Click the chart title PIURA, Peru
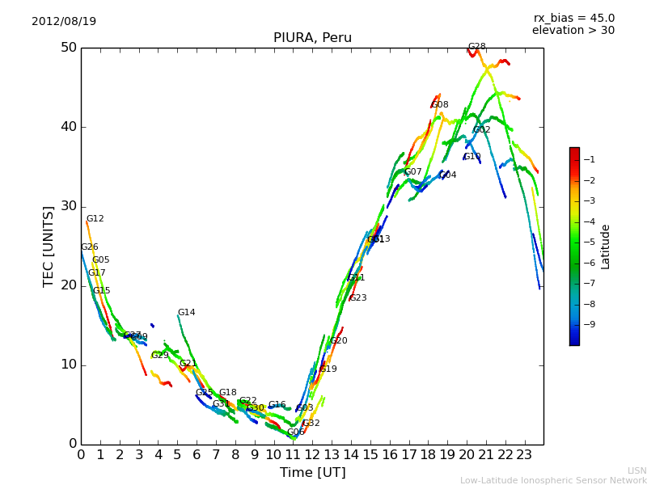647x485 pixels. pos(312,37)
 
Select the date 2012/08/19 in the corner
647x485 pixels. pos(64,21)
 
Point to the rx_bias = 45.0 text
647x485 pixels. pos(573,18)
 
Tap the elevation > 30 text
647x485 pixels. pos(573,31)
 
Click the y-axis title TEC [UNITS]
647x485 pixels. pos(49,246)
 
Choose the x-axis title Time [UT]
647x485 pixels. pos(312,473)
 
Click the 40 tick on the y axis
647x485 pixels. pos(69,127)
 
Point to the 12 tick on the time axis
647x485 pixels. pos(312,455)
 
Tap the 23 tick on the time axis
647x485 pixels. pos(524,455)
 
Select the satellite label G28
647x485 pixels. pos(476,47)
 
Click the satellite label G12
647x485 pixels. pos(95,219)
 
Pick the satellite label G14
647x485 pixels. pos(186,313)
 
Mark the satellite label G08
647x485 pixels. pos(440,105)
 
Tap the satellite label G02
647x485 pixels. pos(482,130)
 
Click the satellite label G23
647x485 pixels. pos(358,298)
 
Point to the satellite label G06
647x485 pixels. pos(296,432)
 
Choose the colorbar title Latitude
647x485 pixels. pos(606,247)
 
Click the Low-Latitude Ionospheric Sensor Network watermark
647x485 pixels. pos(553,480)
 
